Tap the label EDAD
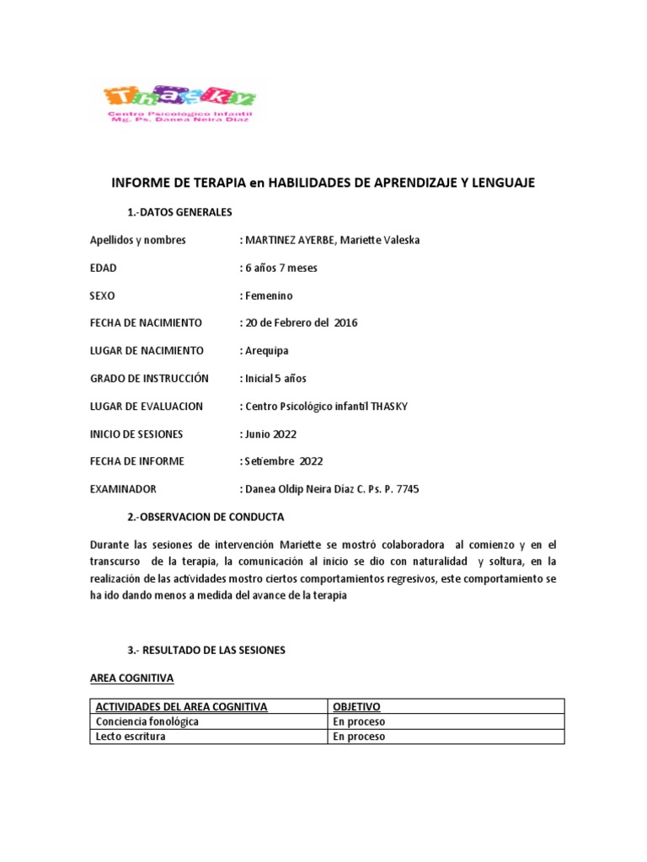(104, 268)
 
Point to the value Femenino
(269, 295)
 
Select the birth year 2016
(345, 323)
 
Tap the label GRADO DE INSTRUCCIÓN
(149, 379)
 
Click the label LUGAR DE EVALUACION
(147, 407)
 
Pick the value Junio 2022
(270, 434)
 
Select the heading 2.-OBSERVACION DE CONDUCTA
(206, 517)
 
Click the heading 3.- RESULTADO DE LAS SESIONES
(206, 651)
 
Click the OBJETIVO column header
(356, 707)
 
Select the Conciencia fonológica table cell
(147, 722)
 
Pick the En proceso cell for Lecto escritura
(359, 737)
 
